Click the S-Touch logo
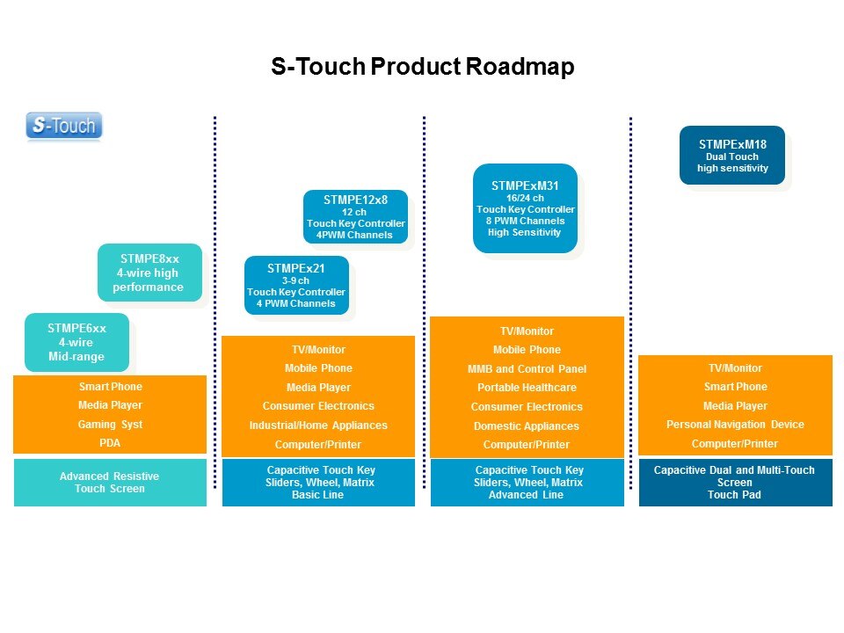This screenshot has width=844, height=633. tap(64, 126)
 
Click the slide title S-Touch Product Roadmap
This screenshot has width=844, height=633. tap(422, 67)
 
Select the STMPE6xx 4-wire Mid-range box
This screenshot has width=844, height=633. tap(76, 342)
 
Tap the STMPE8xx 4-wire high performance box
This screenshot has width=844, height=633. tap(149, 273)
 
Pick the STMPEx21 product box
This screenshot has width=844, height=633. tap(296, 285)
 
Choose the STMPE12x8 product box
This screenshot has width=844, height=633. tap(356, 216)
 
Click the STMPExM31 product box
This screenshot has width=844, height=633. tap(525, 208)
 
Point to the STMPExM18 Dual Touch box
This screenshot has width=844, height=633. tap(732, 155)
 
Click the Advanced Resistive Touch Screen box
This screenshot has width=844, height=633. tap(110, 482)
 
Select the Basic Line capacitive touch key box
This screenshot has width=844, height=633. tap(318, 482)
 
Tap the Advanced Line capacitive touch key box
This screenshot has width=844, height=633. tap(527, 482)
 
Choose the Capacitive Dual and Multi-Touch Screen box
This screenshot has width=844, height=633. tap(735, 482)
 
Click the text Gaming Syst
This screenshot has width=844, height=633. tap(110, 425)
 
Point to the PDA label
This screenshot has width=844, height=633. tap(110, 443)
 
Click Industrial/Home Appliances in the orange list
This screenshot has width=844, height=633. tap(318, 426)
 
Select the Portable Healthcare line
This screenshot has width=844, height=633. tap(527, 388)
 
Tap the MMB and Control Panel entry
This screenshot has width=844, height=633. tap(527, 369)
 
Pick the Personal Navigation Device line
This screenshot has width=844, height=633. tap(735, 425)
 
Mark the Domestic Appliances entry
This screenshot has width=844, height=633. tap(527, 426)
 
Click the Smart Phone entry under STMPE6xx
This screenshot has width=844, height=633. tap(110, 387)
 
